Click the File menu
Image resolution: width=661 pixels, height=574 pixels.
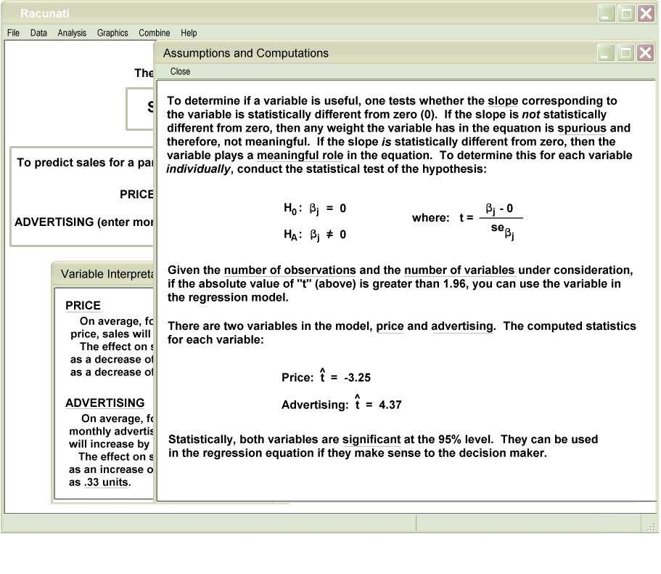(x=13, y=33)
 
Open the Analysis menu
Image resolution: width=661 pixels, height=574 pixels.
(x=72, y=33)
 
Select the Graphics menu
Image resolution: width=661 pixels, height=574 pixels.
(x=112, y=33)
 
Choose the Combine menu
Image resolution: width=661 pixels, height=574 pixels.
(x=155, y=33)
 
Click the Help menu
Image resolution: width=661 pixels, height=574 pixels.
(x=189, y=33)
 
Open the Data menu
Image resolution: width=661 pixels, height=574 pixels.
(x=38, y=33)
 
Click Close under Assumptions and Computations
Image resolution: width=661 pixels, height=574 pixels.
(x=180, y=71)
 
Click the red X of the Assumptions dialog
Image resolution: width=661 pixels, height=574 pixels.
(x=644, y=52)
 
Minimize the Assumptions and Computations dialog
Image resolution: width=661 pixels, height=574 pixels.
(x=607, y=52)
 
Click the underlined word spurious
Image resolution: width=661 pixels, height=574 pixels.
(x=582, y=129)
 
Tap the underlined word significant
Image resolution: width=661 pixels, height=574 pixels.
(x=371, y=440)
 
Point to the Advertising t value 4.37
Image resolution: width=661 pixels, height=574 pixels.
(x=390, y=405)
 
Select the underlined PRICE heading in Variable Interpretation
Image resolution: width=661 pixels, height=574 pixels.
(x=83, y=306)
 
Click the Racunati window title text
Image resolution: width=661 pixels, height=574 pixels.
(x=45, y=13)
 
